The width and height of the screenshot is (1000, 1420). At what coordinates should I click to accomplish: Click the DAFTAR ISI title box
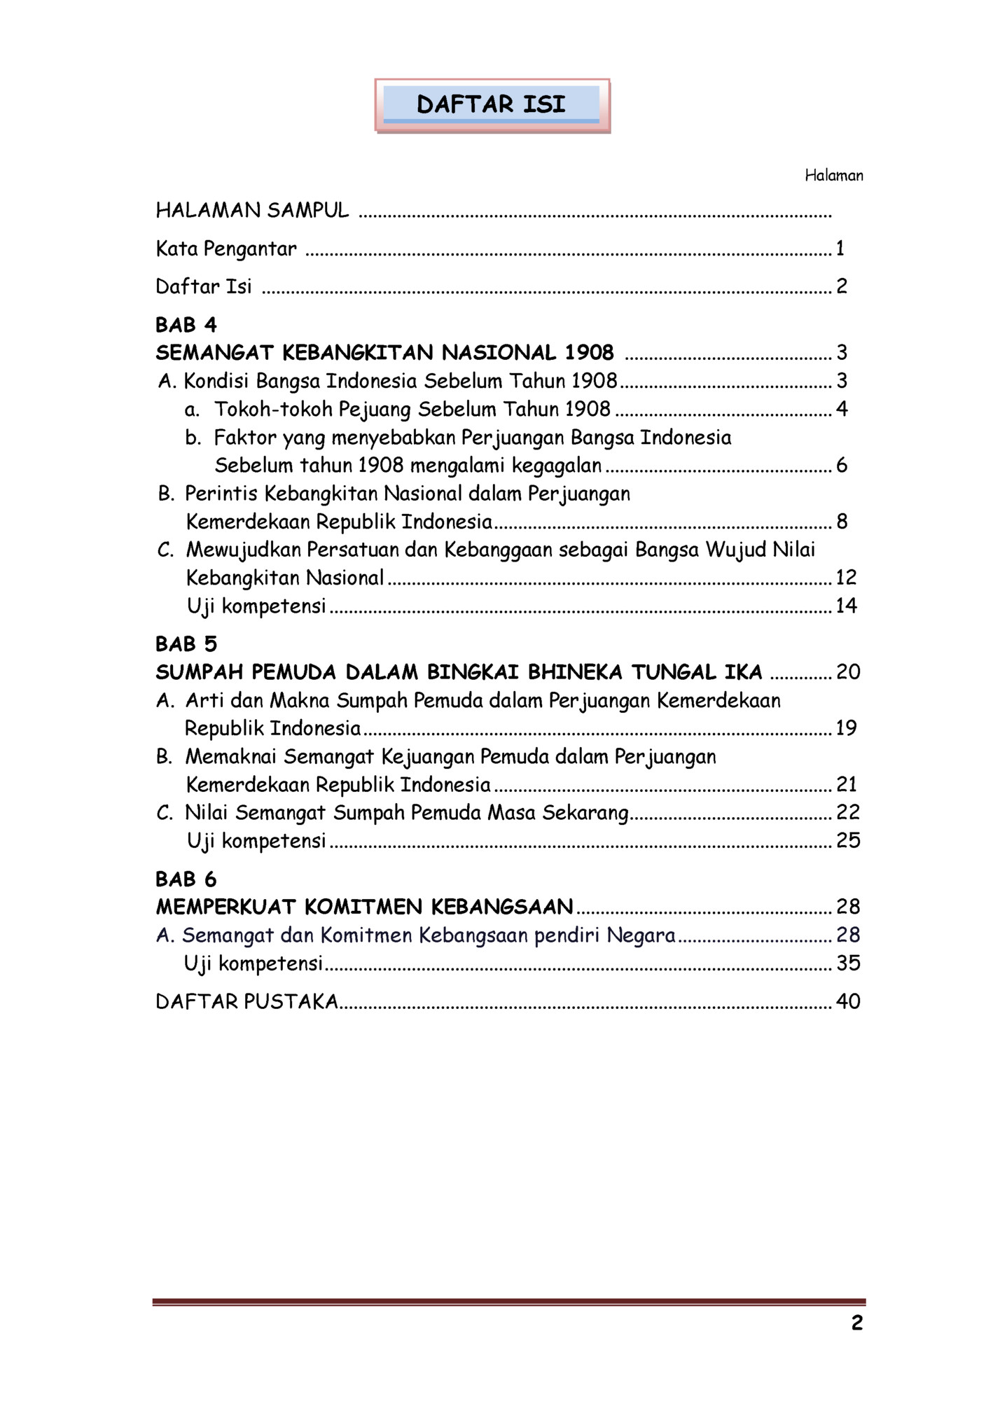point(492,105)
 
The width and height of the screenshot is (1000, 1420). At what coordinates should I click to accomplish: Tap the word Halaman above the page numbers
point(833,176)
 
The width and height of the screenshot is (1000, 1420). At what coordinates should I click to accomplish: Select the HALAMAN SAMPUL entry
point(252,210)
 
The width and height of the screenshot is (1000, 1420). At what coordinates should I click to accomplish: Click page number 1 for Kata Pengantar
point(840,248)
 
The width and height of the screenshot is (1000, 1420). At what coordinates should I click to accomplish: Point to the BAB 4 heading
point(186,325)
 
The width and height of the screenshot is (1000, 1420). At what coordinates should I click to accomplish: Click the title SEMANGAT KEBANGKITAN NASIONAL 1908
point(384,352)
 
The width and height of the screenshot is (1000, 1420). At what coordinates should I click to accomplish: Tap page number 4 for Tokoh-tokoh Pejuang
point(842,409)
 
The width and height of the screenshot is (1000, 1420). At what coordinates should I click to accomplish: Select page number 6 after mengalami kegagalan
point(842,465)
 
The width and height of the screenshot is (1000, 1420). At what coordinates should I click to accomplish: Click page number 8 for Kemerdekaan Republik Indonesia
point(842,521)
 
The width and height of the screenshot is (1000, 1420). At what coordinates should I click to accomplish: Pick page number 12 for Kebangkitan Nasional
point(846,578)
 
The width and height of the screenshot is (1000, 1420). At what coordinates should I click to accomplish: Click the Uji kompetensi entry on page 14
point(256,606)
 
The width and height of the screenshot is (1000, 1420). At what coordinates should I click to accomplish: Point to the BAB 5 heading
point(186,643)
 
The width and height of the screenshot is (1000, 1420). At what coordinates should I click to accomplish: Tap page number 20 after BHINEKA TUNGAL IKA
point(848,672)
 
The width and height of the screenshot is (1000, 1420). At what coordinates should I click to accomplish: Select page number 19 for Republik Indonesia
point(846,728)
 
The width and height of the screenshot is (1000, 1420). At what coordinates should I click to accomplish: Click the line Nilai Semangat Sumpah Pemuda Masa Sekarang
point(406,813)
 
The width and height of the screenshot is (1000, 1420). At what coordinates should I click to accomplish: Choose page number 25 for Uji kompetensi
point(848,840)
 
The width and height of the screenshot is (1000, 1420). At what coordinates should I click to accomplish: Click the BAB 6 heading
point(186,879)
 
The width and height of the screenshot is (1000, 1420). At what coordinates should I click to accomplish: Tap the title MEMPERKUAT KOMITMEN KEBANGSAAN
point(364,907)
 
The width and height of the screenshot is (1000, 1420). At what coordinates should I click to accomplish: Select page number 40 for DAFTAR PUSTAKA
point(848,1001)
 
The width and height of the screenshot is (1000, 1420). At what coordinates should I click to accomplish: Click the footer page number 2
point(856,1323)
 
